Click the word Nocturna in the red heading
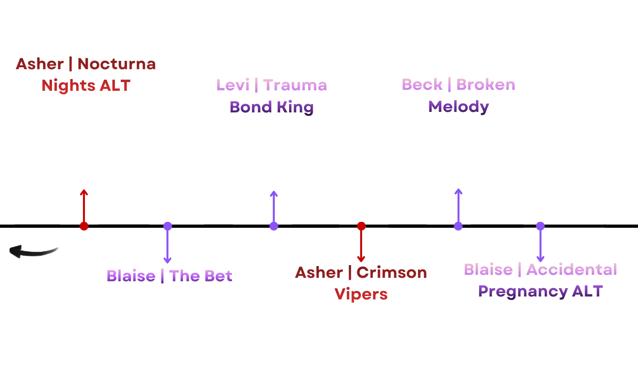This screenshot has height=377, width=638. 117,64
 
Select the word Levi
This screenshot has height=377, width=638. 233,84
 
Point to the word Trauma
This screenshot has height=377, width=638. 295,84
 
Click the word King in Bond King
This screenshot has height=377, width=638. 292,106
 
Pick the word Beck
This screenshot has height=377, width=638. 421,84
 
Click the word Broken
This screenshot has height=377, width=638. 486,84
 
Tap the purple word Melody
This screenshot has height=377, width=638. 458,106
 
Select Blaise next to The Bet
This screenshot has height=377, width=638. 131,276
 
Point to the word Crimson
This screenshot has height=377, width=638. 392,272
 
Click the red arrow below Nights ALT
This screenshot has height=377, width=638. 84,210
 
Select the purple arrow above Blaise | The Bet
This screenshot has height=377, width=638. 167,242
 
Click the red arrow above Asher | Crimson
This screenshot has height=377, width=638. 361,242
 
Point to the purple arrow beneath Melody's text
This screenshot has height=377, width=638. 458,210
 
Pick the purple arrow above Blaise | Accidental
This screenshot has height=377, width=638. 540,242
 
